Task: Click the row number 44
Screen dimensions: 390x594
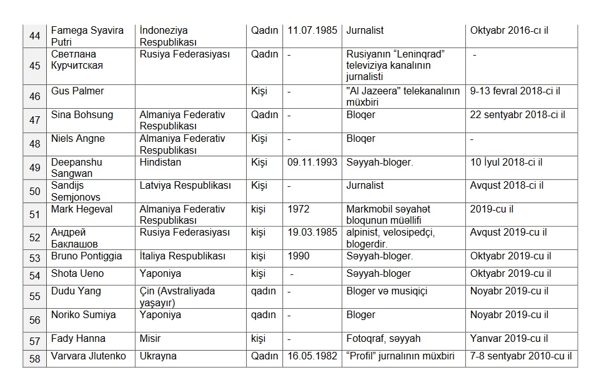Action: click(35, 36)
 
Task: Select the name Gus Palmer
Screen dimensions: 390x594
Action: click(77, 91)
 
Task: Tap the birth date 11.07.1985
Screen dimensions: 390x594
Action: click(312, 30)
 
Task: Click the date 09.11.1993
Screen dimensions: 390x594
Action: click(312, 162)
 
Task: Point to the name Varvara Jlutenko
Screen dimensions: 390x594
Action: click(89, 356)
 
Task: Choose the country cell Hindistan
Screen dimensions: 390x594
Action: click(161, 162)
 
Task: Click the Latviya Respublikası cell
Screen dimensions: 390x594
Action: click(185, 186)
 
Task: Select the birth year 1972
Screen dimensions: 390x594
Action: click(299, 209)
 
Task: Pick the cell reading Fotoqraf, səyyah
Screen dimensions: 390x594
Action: click(383, 338)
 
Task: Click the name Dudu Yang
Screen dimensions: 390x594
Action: click(76, 291)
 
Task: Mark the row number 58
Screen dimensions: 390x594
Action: click(35, 358)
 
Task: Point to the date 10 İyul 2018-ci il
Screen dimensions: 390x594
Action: click(506, 162)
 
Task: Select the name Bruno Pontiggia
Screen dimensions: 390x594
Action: click(86, 256)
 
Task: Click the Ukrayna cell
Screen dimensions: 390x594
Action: click(158, 356)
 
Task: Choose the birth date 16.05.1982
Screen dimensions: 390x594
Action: click(312, 356)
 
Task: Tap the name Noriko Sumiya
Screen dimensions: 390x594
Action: click(83, 315)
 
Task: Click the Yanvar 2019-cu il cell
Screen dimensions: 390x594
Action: click(509, 338)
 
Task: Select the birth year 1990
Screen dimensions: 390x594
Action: click(299, 256)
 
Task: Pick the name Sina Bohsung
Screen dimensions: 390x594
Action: click(82, 114)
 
